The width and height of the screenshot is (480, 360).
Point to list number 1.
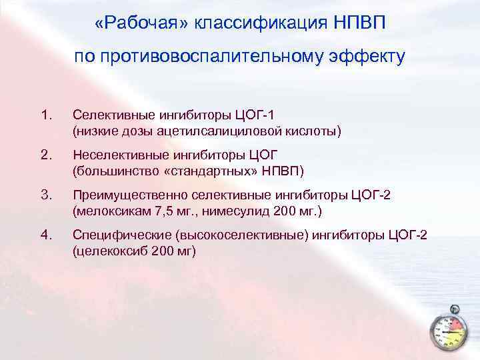tap(45, 117)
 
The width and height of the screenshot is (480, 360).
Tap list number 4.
tap(45, 235)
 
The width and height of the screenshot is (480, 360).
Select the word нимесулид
tap(230, 211)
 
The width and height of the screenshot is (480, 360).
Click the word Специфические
tap(116, 235)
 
